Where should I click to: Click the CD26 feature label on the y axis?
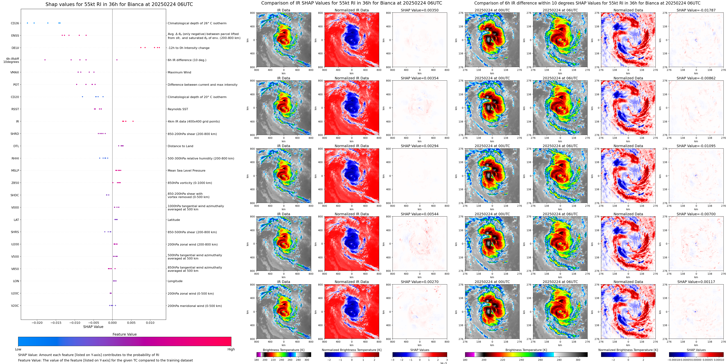[15, 23]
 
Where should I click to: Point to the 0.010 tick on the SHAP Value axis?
[150, 323]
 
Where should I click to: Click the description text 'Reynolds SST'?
[178, 109]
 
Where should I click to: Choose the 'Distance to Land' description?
[180, 146]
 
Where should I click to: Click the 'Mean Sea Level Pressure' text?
[186, 170]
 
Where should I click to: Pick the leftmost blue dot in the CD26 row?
[27, 23]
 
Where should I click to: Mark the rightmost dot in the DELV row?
[159, 47]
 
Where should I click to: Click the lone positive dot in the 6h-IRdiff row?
[117, 60]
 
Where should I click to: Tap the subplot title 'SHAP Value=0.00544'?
[419, 214]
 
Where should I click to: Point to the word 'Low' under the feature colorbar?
[18, 349]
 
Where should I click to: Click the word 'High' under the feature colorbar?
[231, 349]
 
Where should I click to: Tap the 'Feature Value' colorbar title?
[124, 334]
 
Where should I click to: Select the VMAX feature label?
[15, 72]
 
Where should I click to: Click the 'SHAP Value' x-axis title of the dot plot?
[93, 327]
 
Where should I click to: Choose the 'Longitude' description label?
[175, 281]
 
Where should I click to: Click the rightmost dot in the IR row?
[133, 121]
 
